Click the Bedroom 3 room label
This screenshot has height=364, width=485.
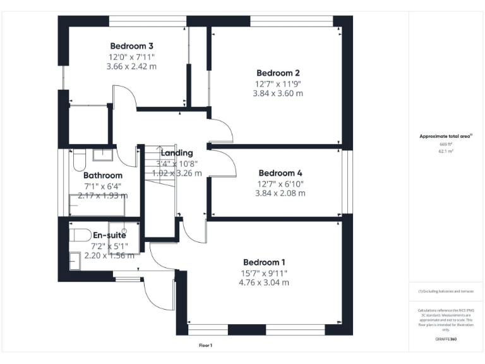pos(132,46)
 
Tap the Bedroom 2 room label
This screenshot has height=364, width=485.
pos(277,72)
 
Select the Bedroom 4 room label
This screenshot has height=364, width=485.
pos(280,173)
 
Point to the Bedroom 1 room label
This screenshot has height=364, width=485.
pos(265,262)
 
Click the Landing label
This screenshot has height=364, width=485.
pos(176,153)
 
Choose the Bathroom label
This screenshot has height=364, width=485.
pos(102,176)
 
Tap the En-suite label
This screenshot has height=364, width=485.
pos(109,236)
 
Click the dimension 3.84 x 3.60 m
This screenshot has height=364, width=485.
pos(277,93)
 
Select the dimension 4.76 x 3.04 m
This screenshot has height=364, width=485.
pos(265,282)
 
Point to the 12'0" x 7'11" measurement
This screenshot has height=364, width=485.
pos(131,57)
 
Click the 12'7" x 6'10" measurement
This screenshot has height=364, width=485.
pos(280,184)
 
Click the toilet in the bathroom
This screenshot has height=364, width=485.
pos(78,159)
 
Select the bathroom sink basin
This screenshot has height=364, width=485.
pos(102,154)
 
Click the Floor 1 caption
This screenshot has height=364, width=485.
pos(206,346)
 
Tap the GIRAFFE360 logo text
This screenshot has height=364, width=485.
pos(446,339)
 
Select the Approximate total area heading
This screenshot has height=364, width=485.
pos(446,136)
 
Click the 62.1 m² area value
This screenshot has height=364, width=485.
pos(446,152)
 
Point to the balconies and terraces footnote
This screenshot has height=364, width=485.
pos(446,291)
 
